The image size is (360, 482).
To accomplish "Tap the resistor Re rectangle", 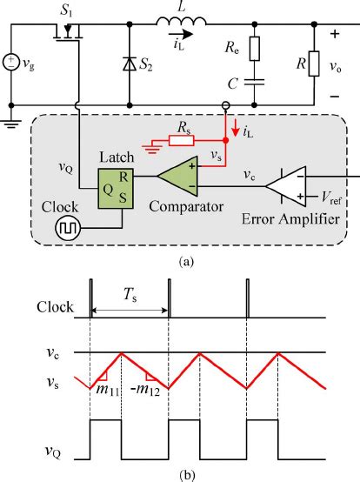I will pos(254,49).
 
